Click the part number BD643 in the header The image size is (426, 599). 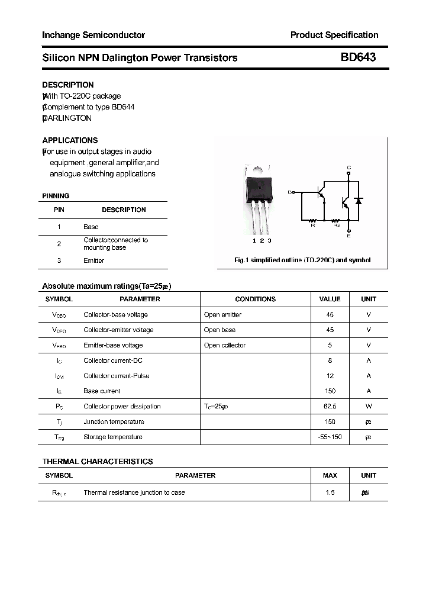tap(358, 57)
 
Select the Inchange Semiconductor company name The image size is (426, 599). tap(93, 35)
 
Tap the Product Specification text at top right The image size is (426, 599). tap(334, 35)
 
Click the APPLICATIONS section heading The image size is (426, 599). tap(70, 140)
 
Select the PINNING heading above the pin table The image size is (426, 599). tap(56, 196)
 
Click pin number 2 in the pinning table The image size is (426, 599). tap(59, 243)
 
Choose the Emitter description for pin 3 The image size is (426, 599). tap(93, 260)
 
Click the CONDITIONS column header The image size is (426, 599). tap(255, 299)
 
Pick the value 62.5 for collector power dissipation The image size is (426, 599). tap(330, 407)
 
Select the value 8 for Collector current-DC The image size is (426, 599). tap(330, 360)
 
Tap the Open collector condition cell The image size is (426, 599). tap(224, 345)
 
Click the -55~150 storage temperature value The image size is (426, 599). tap(330, 437)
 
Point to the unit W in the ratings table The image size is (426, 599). tap(369, 407)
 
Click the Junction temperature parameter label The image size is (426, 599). tap(114, 422)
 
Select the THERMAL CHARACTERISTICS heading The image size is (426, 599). tap(98, 461)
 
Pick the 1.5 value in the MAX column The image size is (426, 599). tap(330, 492)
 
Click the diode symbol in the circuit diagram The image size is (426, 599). tap(358, 201)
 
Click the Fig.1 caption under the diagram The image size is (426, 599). tap(302, 260)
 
